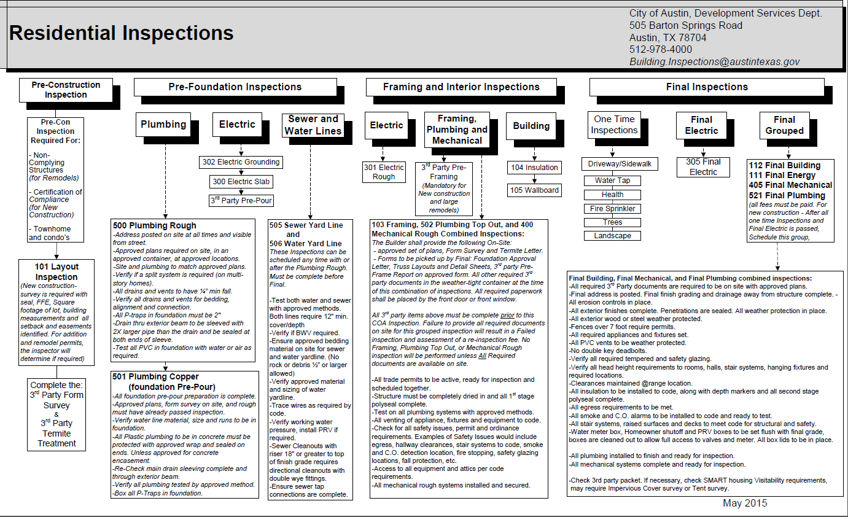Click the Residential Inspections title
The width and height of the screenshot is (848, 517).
(x=122, y=33)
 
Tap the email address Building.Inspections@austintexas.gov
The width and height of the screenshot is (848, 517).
(x=714, y=61)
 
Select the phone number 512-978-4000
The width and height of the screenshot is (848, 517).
(x=660, y=49)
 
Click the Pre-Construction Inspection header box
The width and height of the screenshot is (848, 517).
(x=66, y=90)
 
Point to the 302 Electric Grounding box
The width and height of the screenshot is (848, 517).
(x=240, y=162)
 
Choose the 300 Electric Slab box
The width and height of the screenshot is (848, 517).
(x=240, y=182)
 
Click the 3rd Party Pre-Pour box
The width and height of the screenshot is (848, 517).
(x=241, y=200)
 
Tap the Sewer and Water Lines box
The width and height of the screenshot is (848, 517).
(x=313, y=125)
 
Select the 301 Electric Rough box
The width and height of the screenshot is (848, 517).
(x=384, y=172)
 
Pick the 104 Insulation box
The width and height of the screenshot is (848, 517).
(x=534, y=168)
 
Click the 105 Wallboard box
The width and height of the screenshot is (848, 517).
(x=534, y=190)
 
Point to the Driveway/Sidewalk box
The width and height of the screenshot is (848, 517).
(x=620, y=164)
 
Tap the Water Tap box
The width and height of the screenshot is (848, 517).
(x=612, y=181)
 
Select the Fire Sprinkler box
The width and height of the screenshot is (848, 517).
(x=612, y=208)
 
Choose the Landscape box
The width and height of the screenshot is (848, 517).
(x=612, y=236)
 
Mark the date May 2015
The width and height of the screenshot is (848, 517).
(x=744, y=503)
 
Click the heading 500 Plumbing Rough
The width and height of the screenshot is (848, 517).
(x=154, y=225)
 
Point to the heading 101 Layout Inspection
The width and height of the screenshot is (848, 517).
(x=56, y=272)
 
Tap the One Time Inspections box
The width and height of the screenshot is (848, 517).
(x=614, y=125)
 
